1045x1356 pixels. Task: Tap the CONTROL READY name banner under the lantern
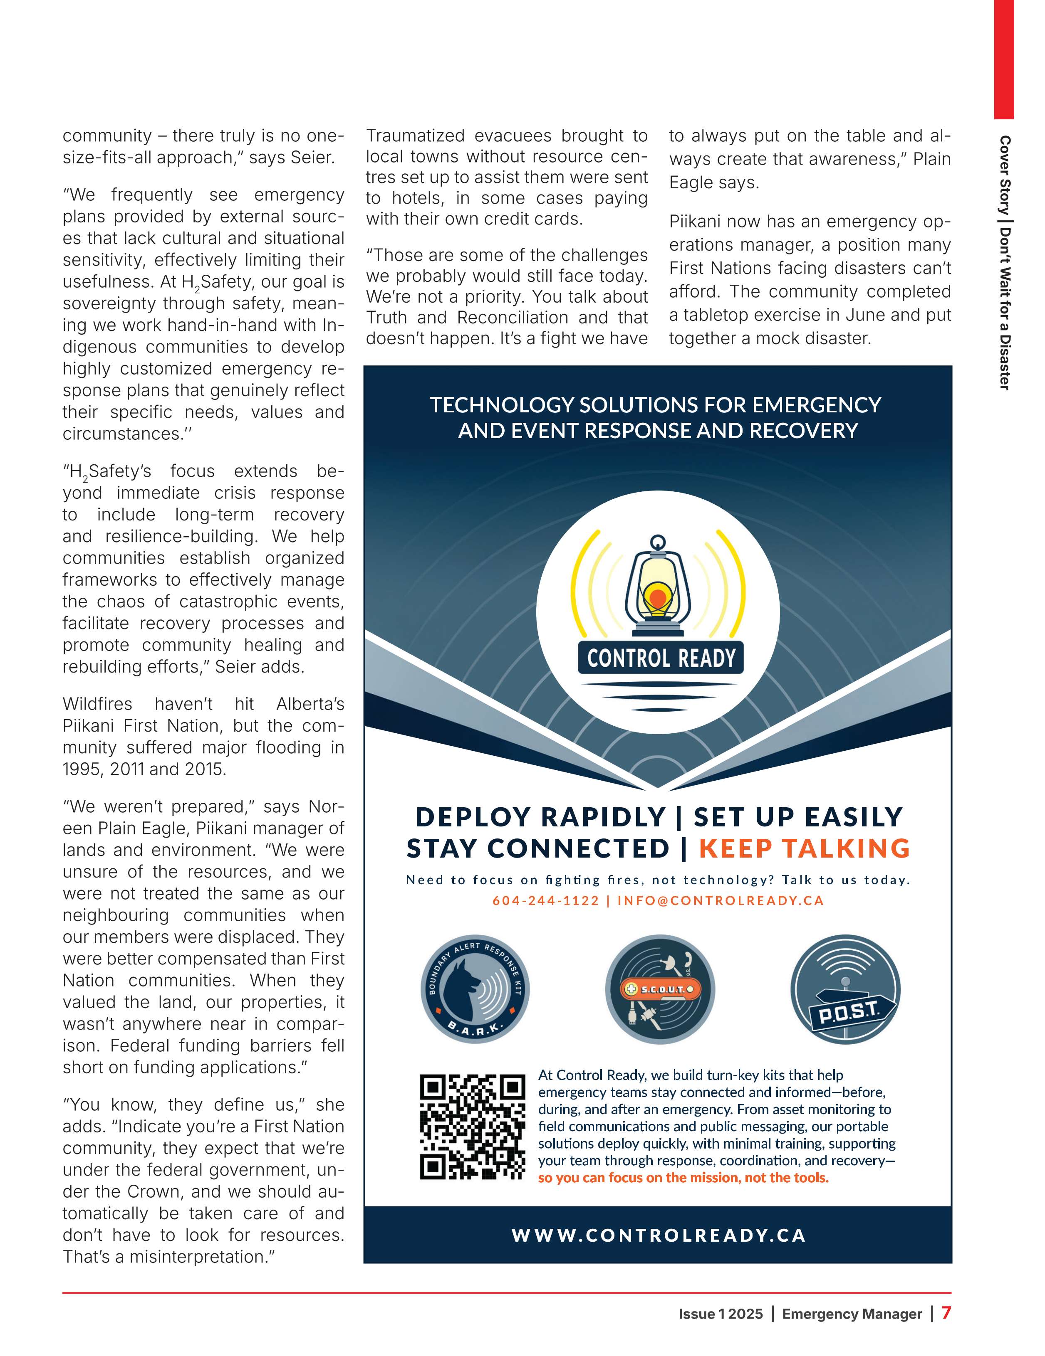[661, 658]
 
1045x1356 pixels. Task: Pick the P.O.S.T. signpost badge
[845, 990]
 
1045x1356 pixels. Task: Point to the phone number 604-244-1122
[545, 900]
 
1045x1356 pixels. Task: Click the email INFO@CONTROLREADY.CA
[720, 900]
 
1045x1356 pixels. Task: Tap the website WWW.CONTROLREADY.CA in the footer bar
[659, 1235]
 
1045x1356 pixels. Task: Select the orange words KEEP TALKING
[804, 848]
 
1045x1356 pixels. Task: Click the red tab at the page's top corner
[1003, 59]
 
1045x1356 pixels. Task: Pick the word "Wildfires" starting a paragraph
[97, 704]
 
